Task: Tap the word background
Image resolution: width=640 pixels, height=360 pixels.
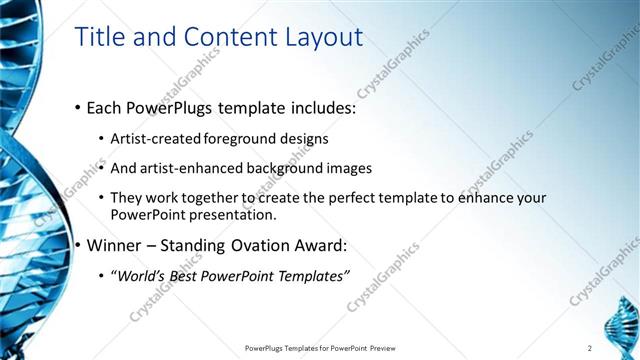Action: (x=293, y=168)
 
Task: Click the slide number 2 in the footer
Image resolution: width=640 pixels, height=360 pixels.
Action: (x=590, y=348)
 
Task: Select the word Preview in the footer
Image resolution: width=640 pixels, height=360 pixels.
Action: (x=389, y=348)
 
